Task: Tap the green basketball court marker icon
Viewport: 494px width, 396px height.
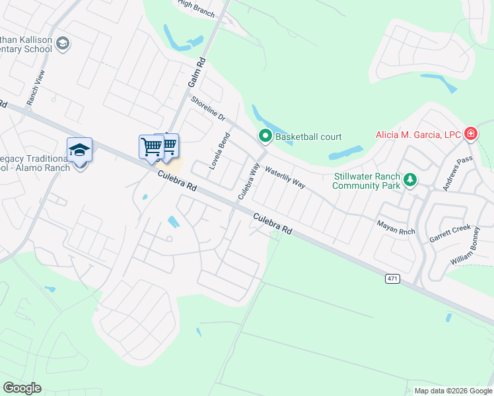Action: pos(265,137)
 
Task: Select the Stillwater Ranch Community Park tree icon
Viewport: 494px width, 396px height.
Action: pos(410,180)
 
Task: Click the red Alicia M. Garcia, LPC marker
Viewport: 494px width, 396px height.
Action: pos(470,135)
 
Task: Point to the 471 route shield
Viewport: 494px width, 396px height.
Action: pos(392,279)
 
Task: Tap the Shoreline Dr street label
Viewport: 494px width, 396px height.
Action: pos(208,109)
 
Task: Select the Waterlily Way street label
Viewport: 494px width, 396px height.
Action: pos(285,178)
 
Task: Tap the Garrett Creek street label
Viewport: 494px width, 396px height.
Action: pos(450,232)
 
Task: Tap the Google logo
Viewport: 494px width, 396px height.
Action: pos(22,388)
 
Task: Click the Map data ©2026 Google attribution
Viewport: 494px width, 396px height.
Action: pos(452,391)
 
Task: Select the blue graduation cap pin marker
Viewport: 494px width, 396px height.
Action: pos(79,150)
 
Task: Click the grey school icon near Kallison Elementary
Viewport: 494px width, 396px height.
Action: pos(63,44)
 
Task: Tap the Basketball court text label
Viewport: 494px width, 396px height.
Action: pos(308,137)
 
